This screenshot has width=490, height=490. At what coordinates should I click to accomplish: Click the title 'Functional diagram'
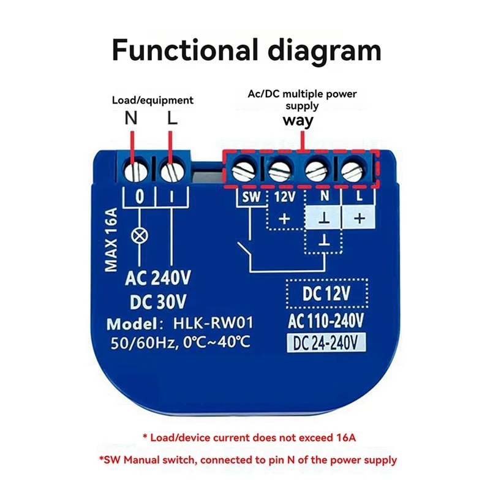pyautogui.click(x=246, y=50)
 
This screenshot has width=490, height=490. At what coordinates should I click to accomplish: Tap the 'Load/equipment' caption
pyautogui.click(x=153, y=100)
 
